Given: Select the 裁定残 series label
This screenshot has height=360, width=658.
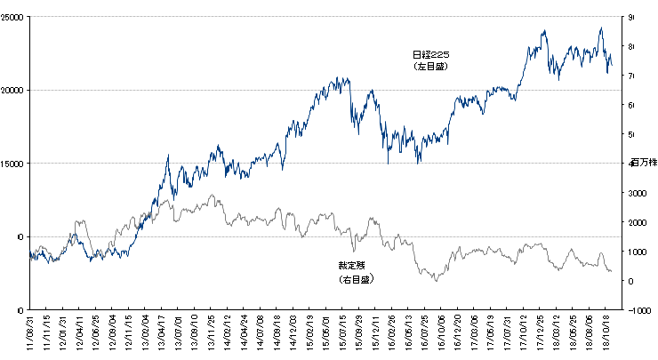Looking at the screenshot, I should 351,266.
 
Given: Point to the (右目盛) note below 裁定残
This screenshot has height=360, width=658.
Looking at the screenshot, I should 352,278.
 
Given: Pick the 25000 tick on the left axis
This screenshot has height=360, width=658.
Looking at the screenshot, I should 13,17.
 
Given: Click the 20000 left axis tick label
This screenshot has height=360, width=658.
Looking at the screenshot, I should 13,90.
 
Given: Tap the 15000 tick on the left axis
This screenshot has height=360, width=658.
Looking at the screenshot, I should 13,163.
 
